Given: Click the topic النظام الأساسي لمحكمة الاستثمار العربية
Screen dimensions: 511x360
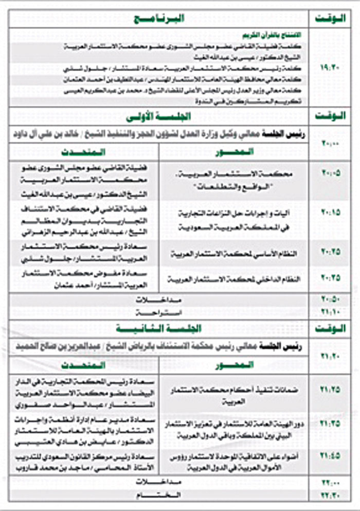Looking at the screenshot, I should click(235, 255).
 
